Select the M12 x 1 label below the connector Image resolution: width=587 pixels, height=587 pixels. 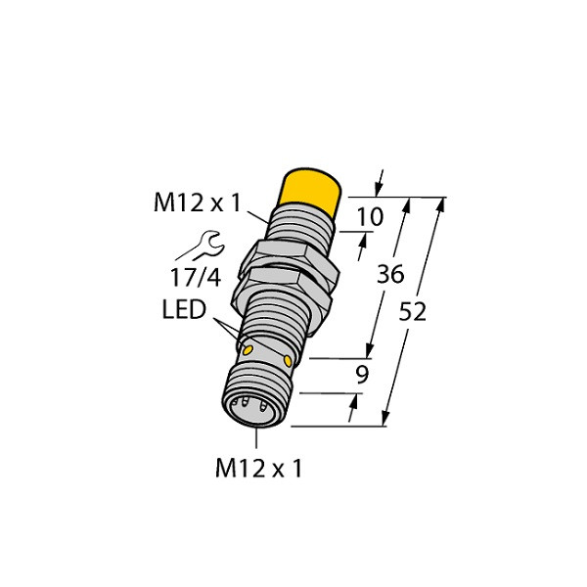(258, 469)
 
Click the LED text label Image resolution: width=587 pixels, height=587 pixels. (183, 311)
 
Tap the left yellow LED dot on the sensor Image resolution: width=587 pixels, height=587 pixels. (248, 348)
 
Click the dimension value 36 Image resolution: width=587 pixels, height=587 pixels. (389, 277)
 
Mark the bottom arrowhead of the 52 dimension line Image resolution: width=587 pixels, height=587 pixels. (387, 419)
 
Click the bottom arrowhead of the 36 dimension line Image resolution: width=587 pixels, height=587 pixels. (371, 351)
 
